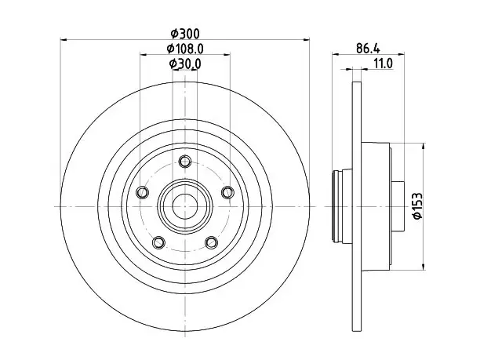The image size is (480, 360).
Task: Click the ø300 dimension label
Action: click(x=185, y=34)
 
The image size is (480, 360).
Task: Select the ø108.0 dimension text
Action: click(x=185, y=49)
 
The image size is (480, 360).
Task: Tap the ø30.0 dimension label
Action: click(x=185, y=64)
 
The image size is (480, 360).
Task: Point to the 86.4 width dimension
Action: click(x=368, y=49)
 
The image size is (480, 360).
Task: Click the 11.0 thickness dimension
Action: click(x=383, y=64)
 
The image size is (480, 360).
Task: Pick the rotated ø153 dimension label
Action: click(x=417, y=205)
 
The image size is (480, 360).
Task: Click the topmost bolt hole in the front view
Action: click(x=185, y=161)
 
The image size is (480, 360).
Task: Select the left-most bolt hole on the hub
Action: click(x=142, y=193)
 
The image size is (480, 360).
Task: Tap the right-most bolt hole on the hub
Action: click(x=227, y=193)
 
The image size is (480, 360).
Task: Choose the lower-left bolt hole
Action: click(x=158, y=243)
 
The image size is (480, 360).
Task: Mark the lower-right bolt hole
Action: click(x=211, y=243)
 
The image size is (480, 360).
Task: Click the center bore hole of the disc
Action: click(x=185, y=206)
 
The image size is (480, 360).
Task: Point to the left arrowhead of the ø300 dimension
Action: click(x=64, y=39)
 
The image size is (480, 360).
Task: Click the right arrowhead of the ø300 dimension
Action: click(x=306, y=39)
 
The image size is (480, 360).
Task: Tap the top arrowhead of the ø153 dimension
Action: click(x=424, y=147)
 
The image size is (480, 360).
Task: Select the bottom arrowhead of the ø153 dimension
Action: click(x=424, y=267)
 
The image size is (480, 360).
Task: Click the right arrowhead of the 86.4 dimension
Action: click(x=401, y=54)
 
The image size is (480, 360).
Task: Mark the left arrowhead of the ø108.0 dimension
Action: click(x=144, y=54)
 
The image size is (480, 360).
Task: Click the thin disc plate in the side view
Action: click(x=357, y=206)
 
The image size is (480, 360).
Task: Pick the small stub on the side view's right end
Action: click(x=398, y=206)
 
